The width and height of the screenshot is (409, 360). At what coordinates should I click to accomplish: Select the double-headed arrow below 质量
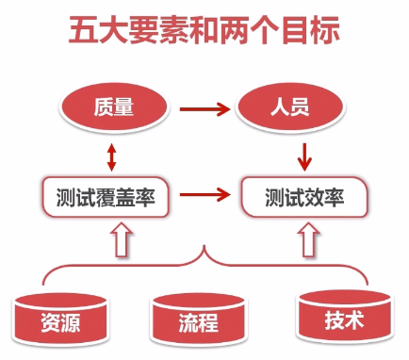111,155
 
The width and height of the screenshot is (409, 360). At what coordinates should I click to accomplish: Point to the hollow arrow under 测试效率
304,238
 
